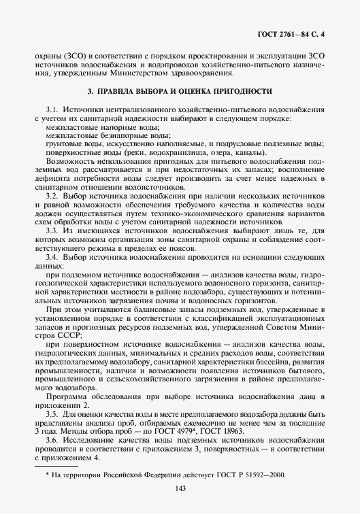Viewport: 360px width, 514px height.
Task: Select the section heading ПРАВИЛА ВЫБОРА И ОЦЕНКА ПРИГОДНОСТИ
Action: pyautogui.click(x=180, y=90)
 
